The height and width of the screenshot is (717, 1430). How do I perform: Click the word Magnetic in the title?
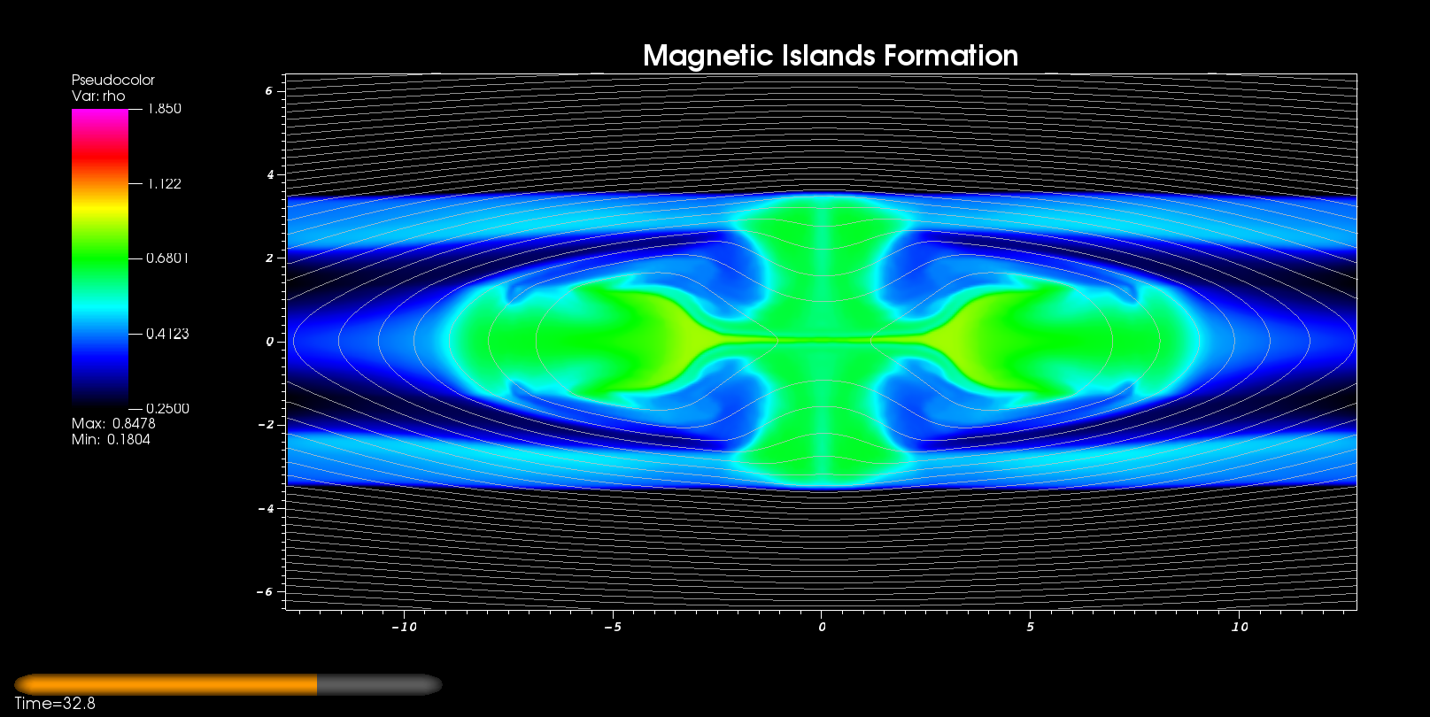point(708,56)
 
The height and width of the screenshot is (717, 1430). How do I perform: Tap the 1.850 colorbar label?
point(164,109)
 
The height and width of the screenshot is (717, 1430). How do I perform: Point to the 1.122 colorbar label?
point(164,184)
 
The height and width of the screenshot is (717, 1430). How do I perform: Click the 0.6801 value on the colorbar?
point(167,258)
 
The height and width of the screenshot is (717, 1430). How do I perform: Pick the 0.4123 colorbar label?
point(167,334)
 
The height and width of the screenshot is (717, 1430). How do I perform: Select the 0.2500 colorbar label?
point(167,409)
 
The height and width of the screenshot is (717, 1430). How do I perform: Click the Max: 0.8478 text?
point(113,423)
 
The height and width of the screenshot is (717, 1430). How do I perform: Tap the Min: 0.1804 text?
point(111,439)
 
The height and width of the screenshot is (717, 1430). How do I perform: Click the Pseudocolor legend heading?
point(113,80)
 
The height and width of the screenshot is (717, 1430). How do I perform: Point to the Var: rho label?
point(98,96)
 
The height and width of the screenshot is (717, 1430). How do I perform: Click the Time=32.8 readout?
point(55,704)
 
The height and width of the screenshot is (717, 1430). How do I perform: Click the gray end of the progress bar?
point(379,684)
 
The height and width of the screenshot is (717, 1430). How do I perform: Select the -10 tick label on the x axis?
point(404,627)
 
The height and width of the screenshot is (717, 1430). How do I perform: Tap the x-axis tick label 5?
point(1030,627)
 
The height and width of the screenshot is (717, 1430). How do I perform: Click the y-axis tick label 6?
point(269,90)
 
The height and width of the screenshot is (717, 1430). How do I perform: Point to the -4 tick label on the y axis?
point(266,508)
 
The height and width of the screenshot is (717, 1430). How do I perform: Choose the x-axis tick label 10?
point(1240,627)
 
